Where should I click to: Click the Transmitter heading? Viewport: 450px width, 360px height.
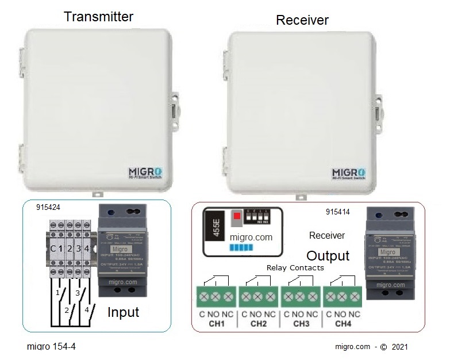tap(98, 16)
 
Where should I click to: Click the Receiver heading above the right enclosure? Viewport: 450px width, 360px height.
tap(302, 20)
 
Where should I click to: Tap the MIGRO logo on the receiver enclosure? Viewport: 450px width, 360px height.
tap(352, 174)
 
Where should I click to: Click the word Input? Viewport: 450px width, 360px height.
tap(124, 312)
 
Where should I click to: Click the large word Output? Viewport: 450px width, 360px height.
tap(328, 256)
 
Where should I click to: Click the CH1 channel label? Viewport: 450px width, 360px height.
tap(216, 324)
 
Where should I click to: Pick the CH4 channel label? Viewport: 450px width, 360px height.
tap(343, 324)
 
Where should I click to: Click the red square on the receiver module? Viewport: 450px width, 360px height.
tap(236, 217)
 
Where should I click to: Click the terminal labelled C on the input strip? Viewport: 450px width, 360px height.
tap(53, 248)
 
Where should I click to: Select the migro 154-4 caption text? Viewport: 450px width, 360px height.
tap(51, 347)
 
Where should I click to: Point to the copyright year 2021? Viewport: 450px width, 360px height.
tap(400, 347)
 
